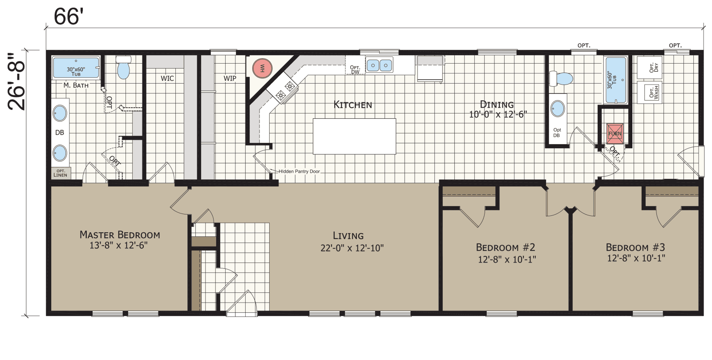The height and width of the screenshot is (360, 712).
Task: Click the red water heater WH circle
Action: pyautogui.click(x=262, y=69)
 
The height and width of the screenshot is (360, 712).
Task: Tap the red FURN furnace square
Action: pyautogui.click(x=615, y=133)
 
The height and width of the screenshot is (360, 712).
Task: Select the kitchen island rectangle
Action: pyautogui.click(x=354, y=136)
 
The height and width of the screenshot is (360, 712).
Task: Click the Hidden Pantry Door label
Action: pyautogui.click(x=299, y=171)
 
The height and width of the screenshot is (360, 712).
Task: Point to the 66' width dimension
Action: pyautogui.click(x=69, y=16)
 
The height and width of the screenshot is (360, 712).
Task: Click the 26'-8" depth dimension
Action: pyautogui.click(x=17, y=82)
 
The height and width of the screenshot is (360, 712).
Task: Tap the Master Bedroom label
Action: pyautogui.click(x=119, y=239)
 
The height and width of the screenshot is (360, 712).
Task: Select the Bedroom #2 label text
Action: pyautogui.click(x=506, y=253)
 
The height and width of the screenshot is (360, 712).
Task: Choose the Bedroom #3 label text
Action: pyautogui.click(x=635, y=253)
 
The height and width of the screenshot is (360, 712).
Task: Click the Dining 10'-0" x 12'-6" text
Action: pyautogui.click(x=498, y=109)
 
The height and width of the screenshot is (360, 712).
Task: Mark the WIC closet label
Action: pyautogui.click(x=167, y=78)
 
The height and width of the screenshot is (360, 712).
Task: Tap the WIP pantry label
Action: pyautogui.click(x=230, y=78)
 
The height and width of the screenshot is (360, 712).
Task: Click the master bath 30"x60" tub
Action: pyautogui.click(x=76, y=68)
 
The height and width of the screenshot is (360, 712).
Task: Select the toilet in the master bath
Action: pyautogui.click(x=123, y=68)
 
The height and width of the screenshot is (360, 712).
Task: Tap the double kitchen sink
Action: pyautogui.click(x=379, y=65)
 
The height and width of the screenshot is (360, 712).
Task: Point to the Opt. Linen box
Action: pyautogui.click(x=61, y=173)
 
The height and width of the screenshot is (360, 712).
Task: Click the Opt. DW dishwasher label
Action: pyautogui.click(x=355, y=69)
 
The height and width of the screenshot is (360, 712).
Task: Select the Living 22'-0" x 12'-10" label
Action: pyautogui.click(x=352, y=242)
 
